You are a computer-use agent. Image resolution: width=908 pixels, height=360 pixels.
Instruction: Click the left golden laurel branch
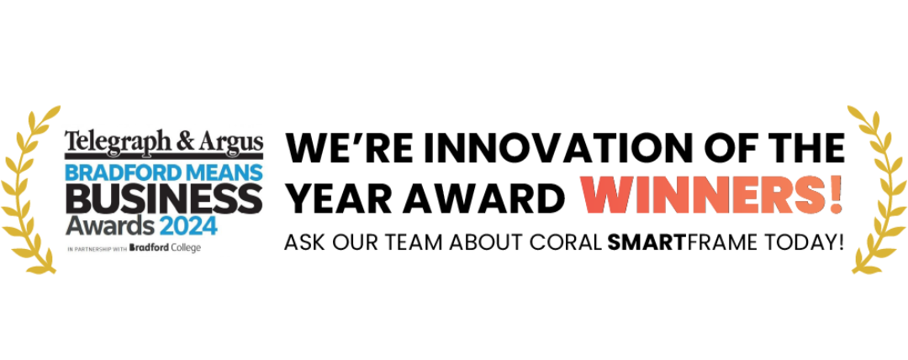click(x=24, y=191)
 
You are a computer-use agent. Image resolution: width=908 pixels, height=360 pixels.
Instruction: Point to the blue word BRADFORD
click(x=116, y=172)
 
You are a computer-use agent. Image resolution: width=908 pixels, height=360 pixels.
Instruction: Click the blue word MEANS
click(x=217, y=172)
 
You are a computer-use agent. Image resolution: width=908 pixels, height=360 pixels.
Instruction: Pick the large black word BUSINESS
click(x=164, y=198)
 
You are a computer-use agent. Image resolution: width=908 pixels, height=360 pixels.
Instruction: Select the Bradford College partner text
click(x=166, y=248)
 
